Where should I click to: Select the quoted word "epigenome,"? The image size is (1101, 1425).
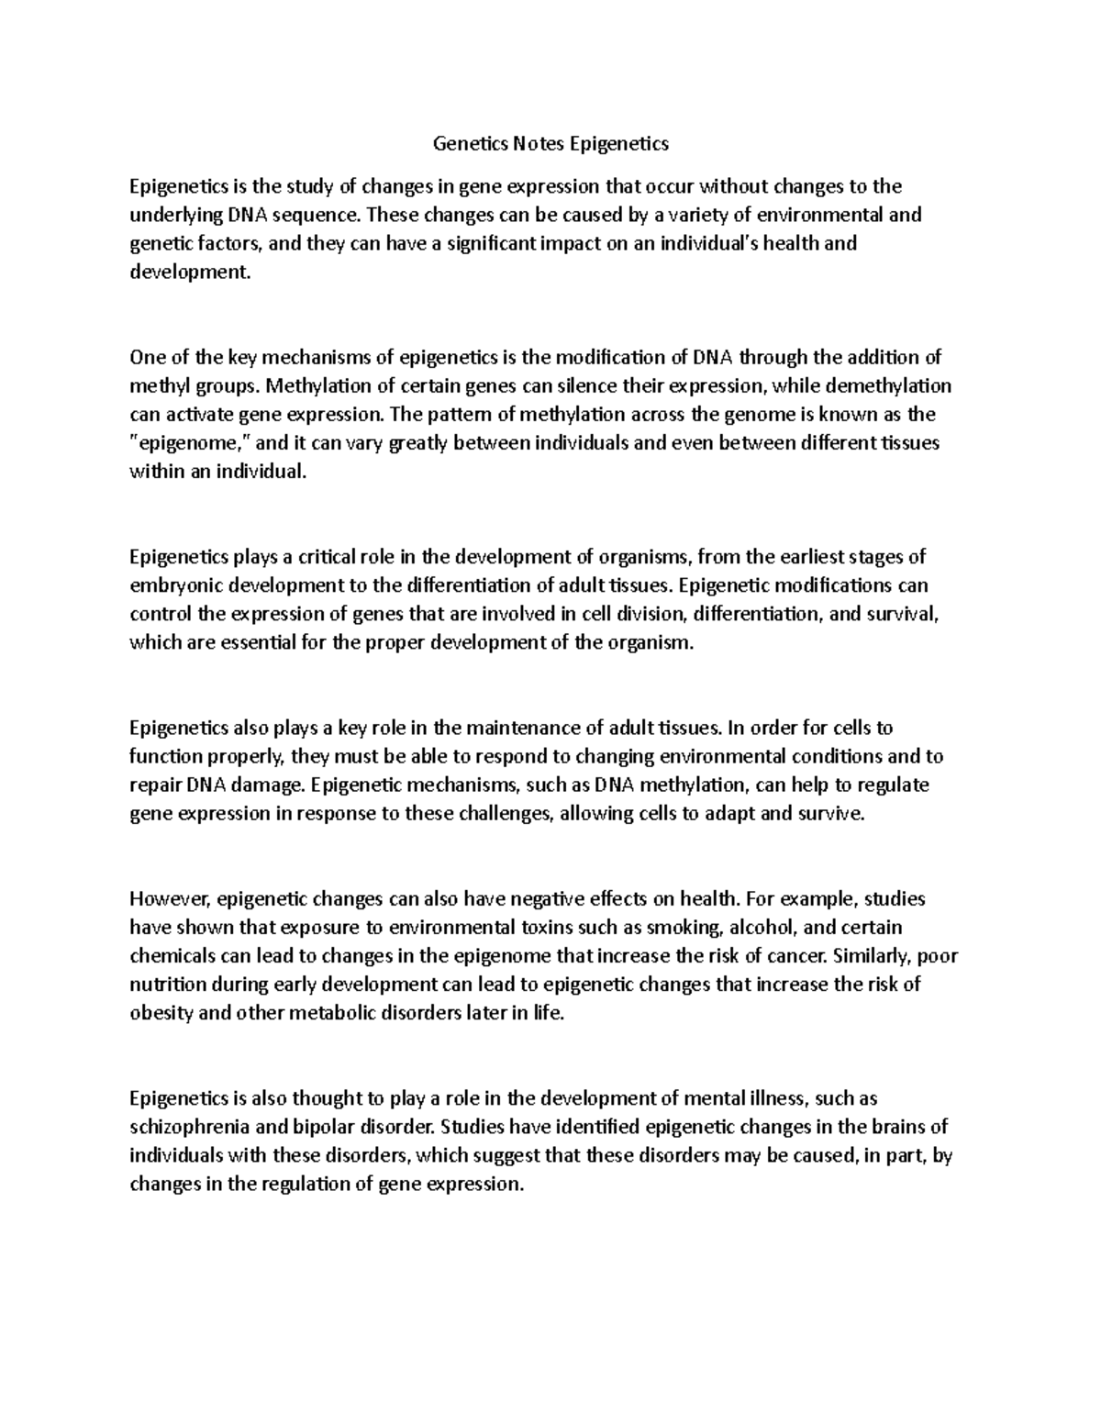tap(189, 443)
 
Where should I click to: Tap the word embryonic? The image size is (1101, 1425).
tap(172, 585)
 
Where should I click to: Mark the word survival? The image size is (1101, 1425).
tap(905, 614)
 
